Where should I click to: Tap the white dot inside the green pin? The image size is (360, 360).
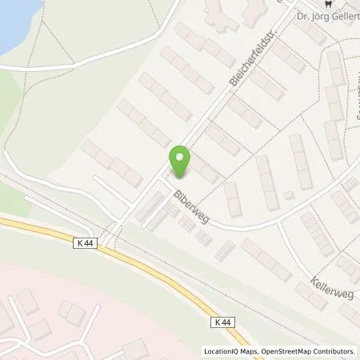point(181,156)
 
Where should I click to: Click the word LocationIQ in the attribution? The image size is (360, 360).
point(222,351)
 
